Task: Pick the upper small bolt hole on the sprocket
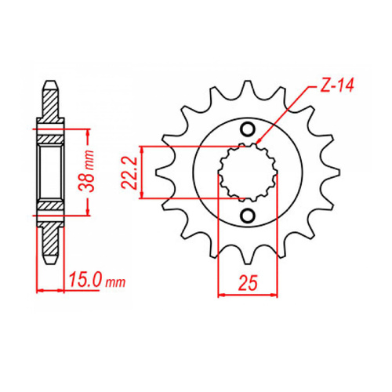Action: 249,129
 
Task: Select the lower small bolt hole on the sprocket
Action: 249,216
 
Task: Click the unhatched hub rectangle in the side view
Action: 51,171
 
